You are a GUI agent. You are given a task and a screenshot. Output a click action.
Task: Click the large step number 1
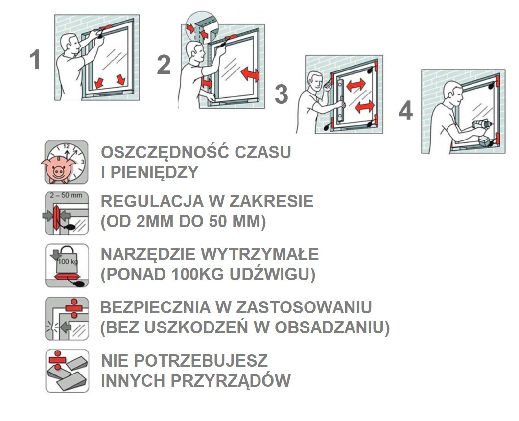click(35, 60)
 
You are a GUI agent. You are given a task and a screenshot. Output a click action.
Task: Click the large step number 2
click(164, 65)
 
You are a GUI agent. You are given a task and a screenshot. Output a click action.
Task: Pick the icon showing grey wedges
click(67, 371)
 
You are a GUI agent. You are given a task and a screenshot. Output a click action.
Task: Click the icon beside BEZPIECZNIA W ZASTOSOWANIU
click(67, 318)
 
